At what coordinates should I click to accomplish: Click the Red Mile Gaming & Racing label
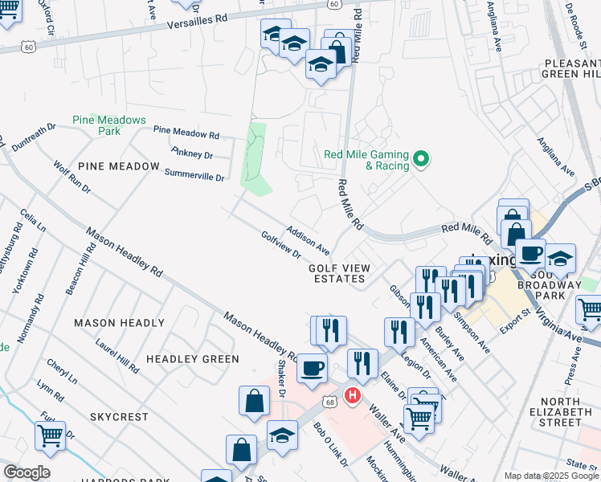pos(366,160)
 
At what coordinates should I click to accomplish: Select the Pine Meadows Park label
pos(108,125)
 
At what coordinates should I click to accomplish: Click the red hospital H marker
pos(351,395)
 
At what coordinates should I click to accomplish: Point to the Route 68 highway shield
pos(329,399)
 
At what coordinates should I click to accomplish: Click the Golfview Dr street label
pos(280,245)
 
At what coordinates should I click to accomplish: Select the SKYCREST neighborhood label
pos(119,417)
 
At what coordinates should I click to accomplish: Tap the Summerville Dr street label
pos(194,173)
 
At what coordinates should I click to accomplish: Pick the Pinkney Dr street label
pos(192,153)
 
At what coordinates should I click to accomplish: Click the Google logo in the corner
pos(27,472)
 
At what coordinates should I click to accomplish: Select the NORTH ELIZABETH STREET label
pos(571,411)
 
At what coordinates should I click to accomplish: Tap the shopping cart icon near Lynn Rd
pos(50,435)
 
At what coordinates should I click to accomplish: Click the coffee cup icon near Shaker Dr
pos(312,369)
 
